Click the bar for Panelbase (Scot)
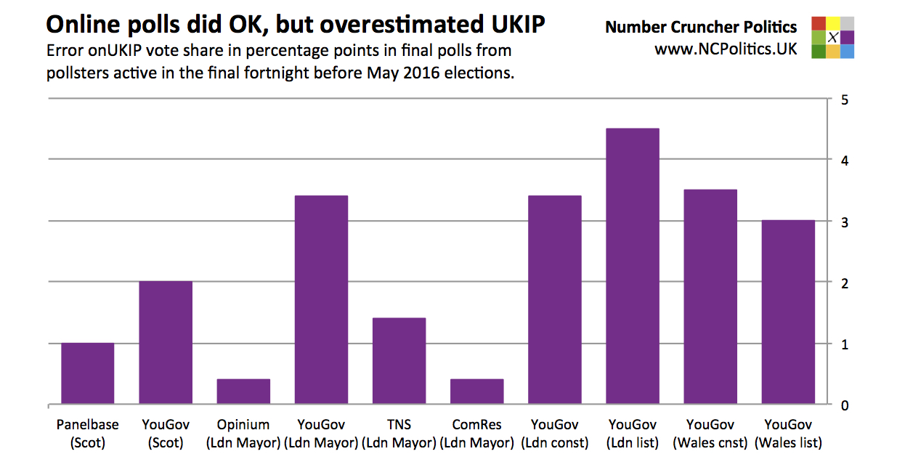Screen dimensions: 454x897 point(87,373)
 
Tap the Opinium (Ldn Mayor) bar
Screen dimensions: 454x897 point(243,392)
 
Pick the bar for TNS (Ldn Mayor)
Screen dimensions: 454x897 point(399,361)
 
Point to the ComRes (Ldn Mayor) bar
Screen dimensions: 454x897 point(476,392)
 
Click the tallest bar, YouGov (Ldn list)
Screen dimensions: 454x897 point(633,267)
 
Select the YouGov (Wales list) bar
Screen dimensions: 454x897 point(788,312)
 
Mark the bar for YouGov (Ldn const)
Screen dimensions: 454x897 point(555,300)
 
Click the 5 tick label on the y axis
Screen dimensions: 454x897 point(844,100)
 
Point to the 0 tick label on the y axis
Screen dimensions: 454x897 point(844,405)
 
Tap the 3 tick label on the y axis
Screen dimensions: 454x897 point(844,222)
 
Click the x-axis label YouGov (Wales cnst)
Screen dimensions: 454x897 point(710,434)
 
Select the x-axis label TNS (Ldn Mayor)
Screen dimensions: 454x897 point(399,434)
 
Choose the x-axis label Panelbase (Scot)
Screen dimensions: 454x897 point(87,434)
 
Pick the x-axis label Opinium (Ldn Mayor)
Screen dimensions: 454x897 point(243,434)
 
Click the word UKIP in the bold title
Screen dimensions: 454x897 point(513,25)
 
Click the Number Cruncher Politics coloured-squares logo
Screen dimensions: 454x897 point(833,37)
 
